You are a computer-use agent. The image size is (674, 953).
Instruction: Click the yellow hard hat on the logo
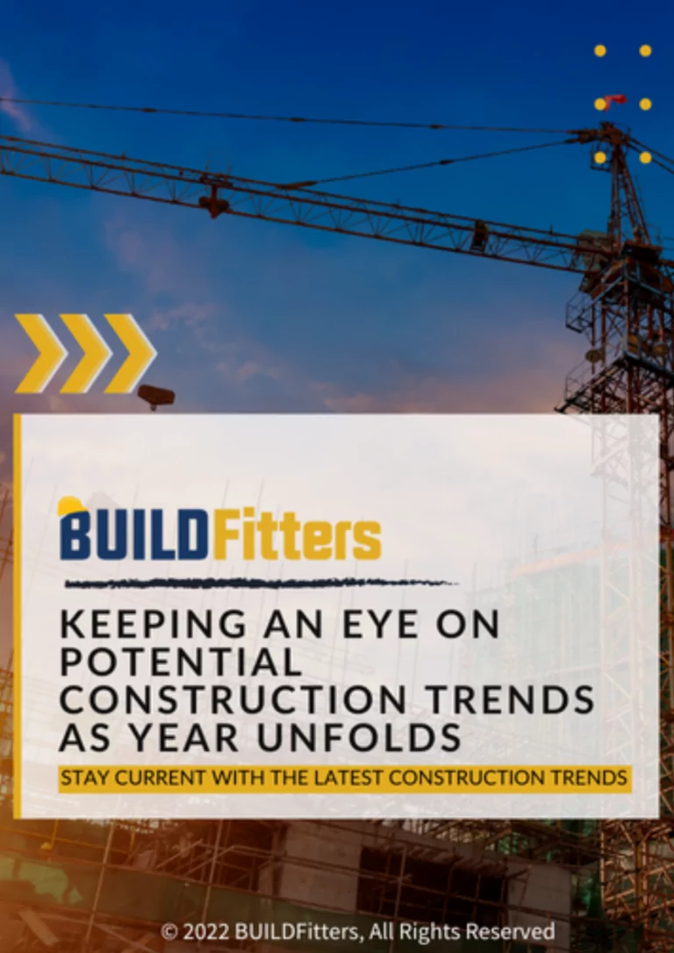point(70,506)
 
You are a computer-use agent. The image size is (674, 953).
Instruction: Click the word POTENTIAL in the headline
point(180,663)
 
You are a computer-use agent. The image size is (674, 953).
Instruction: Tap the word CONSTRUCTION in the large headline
point(233,700)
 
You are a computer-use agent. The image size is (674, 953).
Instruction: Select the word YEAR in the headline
point(200,738)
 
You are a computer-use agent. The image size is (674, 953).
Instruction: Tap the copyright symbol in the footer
point(169,931)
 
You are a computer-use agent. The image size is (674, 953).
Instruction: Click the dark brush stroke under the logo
point(260,582)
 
